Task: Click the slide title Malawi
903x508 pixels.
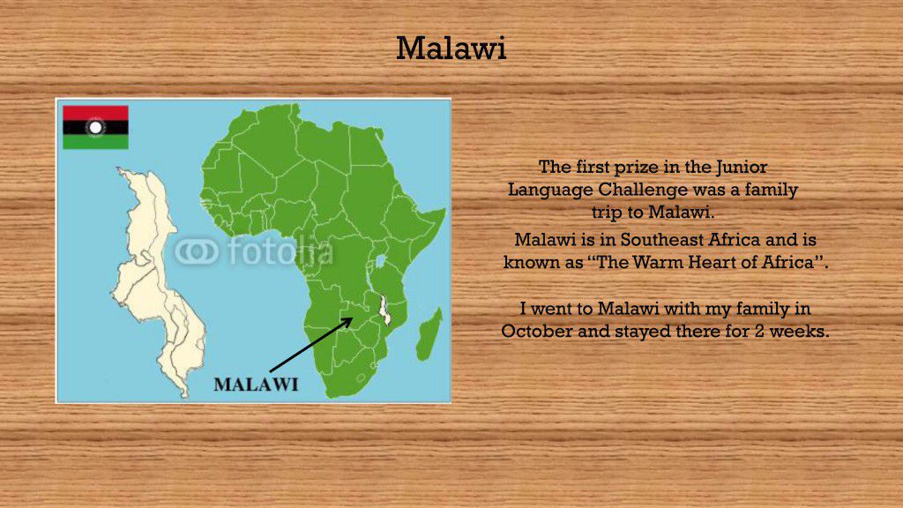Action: tap(451, 48)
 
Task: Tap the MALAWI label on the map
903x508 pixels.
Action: tap(257, 385)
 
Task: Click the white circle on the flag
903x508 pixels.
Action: tap(95, 127)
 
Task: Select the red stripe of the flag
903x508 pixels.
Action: tap(95, 113)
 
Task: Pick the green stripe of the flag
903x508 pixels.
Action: tap(95, 142)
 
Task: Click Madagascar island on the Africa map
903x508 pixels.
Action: tap(429, 334)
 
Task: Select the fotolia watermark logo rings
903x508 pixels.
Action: tap(197, 251)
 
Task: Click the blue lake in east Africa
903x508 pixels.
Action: tap(380, 261)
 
